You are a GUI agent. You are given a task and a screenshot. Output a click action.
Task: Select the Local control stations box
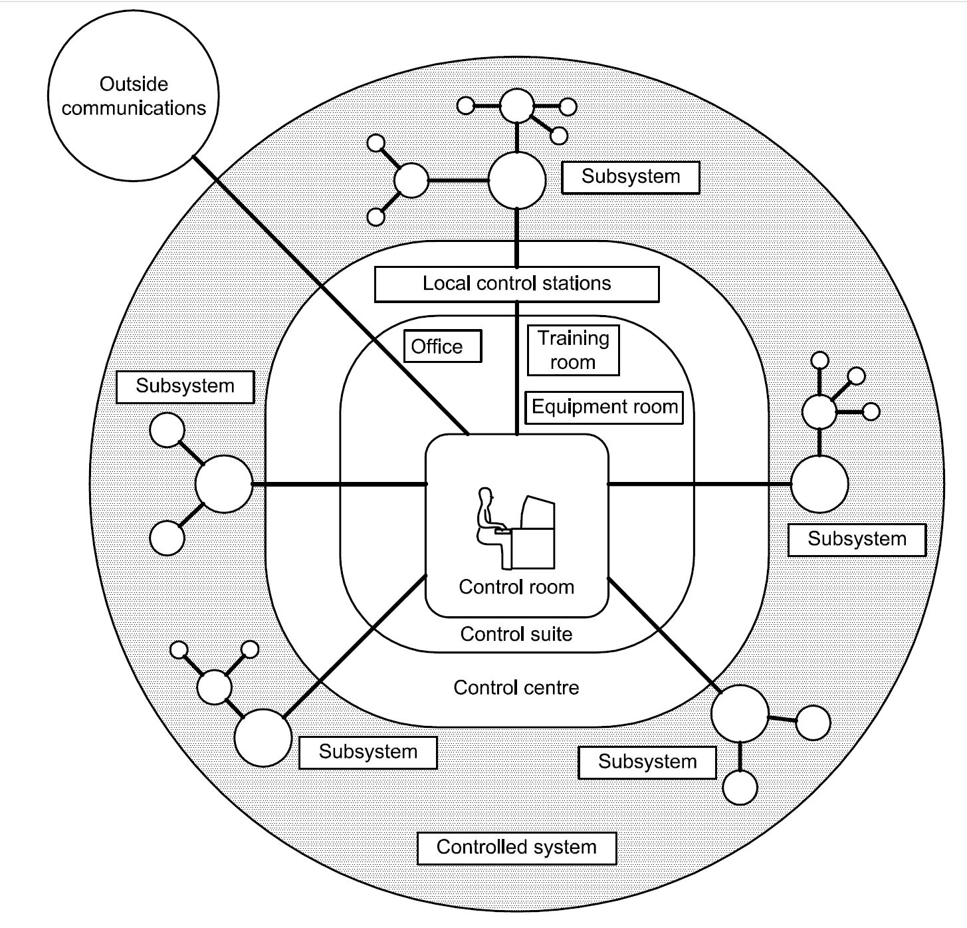point(516,284)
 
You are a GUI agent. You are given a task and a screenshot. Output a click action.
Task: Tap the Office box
point(442,346)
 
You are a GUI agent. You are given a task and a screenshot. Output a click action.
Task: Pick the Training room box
point(573,350)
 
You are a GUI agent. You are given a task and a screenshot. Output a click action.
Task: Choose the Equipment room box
point(604,407)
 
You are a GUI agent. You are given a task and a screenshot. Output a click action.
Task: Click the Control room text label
point(516,587)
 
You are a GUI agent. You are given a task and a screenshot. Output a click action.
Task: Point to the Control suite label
point(516,634)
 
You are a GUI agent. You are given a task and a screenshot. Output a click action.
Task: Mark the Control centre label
point(516,687)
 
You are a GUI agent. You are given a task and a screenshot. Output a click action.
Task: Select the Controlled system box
point(516,848)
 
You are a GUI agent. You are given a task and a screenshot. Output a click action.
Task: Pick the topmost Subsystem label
point(630,177)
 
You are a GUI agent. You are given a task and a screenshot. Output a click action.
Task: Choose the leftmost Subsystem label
point(185,386)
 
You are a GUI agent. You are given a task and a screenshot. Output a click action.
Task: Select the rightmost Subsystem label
point(857,539)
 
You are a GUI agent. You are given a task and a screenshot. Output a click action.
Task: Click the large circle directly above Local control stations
point(517,180)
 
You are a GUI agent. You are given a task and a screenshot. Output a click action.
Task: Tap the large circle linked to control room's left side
point(224,484)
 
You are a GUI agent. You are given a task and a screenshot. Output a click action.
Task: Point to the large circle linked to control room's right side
point(819,484)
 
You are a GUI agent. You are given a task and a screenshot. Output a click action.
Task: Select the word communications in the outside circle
point(134,108)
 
